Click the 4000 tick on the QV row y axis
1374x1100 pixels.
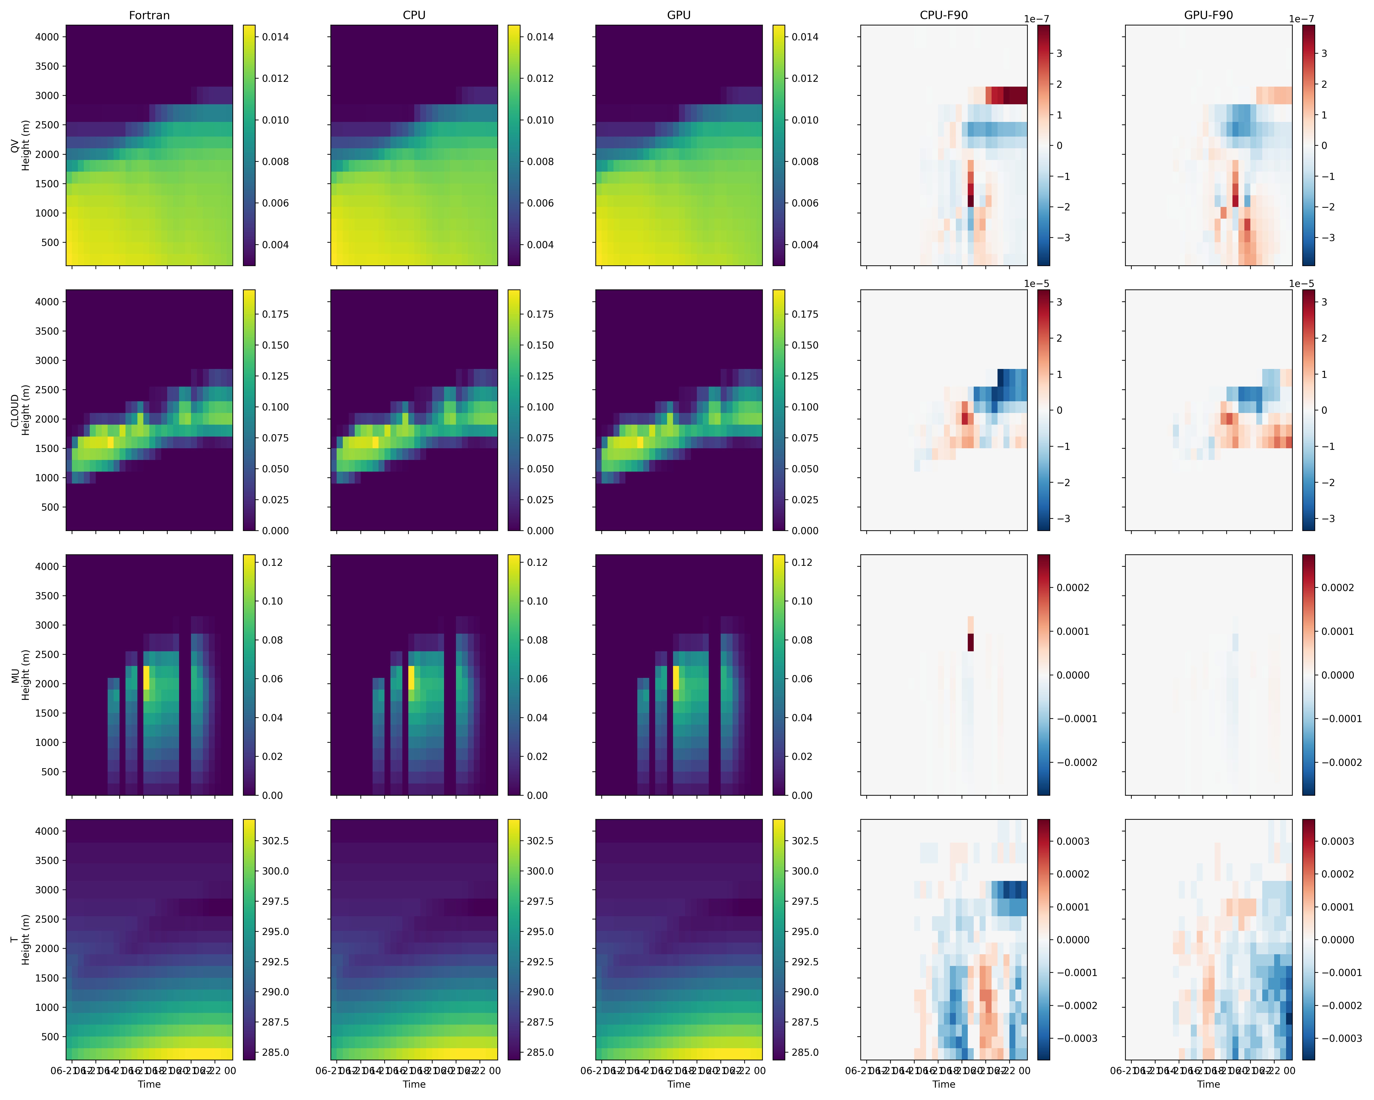(46, 37)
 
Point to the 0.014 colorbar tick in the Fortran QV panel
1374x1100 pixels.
(275, 37)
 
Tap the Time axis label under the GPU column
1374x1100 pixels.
(679, 1084)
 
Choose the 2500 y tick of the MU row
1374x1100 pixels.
(46, 654)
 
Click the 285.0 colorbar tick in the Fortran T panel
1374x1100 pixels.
(275, 1052)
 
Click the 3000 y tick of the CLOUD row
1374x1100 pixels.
(46, 360)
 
